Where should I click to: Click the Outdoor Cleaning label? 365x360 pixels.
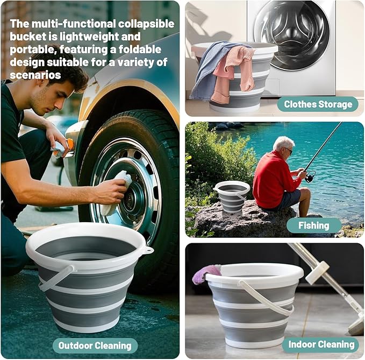click(x=95, y=345)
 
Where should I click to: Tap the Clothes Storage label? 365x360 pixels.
click(x=318, y=104)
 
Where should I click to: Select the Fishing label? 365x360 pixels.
click(x=313, y=225)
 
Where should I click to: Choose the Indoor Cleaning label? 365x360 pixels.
click(x=321, y=345)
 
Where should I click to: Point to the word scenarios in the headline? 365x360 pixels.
click(x=35, y=75)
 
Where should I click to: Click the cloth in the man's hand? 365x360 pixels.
click(x=119, y=186)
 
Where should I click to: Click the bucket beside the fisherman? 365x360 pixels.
click(x=232, y=197)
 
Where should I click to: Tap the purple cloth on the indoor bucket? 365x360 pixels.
click(x=206, y=273)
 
